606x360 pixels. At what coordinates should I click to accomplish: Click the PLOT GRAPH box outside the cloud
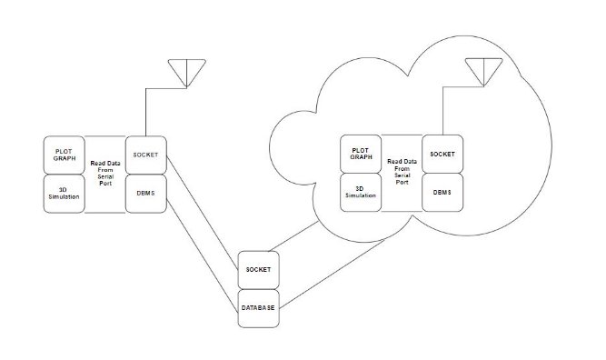pos(64,155)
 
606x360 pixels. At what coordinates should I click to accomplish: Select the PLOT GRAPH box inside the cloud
pos(362,155)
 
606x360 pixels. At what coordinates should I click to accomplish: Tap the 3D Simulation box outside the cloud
pos(64,193)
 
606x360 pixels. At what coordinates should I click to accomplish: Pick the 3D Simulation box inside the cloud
pos(362,193)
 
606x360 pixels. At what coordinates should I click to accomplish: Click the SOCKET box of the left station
pos(144,155)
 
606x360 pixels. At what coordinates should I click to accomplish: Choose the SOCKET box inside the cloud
pos(442,155)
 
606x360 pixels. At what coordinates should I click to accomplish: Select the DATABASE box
pos(258,308)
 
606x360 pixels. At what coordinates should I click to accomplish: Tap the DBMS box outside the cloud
pos(144,193)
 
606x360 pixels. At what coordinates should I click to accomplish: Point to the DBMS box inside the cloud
pos(442,193)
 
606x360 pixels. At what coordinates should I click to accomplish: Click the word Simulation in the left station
pos(64,197)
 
